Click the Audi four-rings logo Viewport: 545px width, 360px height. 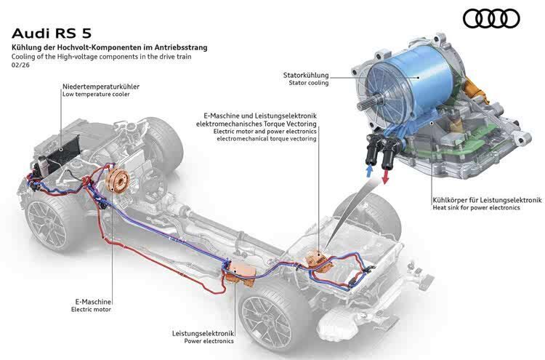pos(491,17)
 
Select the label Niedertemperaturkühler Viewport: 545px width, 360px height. pos(101,87)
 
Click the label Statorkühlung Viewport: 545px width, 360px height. pos(305,75)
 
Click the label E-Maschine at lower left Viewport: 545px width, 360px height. pos(92,300)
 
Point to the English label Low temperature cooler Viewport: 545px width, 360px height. pos(97,95)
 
